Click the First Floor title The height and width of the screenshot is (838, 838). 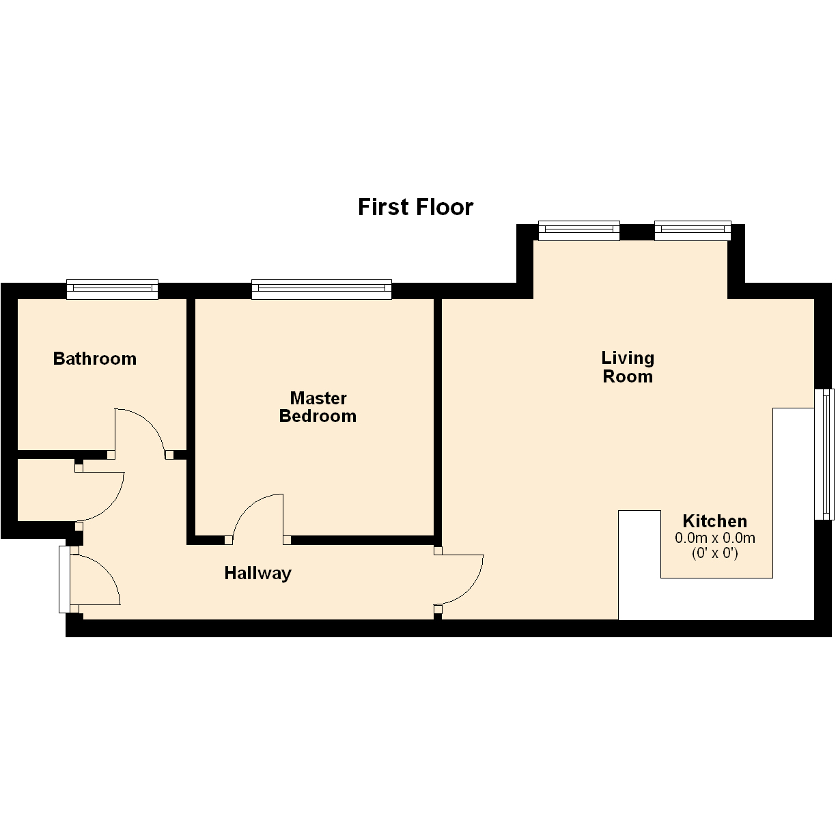[x=415, y=207]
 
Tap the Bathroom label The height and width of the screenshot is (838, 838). [x=95, y=359]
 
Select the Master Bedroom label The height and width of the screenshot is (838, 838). [x=318, y=407]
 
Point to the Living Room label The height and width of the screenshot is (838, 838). [x=628, y=367]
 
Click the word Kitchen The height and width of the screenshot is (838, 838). [x=714, y=521]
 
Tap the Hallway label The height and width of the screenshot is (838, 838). [x=257, y=574]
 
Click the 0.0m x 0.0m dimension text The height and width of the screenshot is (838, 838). [x=714, y=538]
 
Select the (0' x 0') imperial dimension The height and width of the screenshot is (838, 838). [x=714, y=553]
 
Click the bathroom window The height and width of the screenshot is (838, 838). [x=112, y=289]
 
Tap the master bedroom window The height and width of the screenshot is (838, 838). [x=322, y=289]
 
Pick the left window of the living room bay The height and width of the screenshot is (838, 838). [x=579, y=230]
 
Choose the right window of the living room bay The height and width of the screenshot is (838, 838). [x=693, y=230]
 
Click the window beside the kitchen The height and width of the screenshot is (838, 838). [x=824, y=454]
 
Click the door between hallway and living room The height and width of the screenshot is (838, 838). [x=472, y=588]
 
